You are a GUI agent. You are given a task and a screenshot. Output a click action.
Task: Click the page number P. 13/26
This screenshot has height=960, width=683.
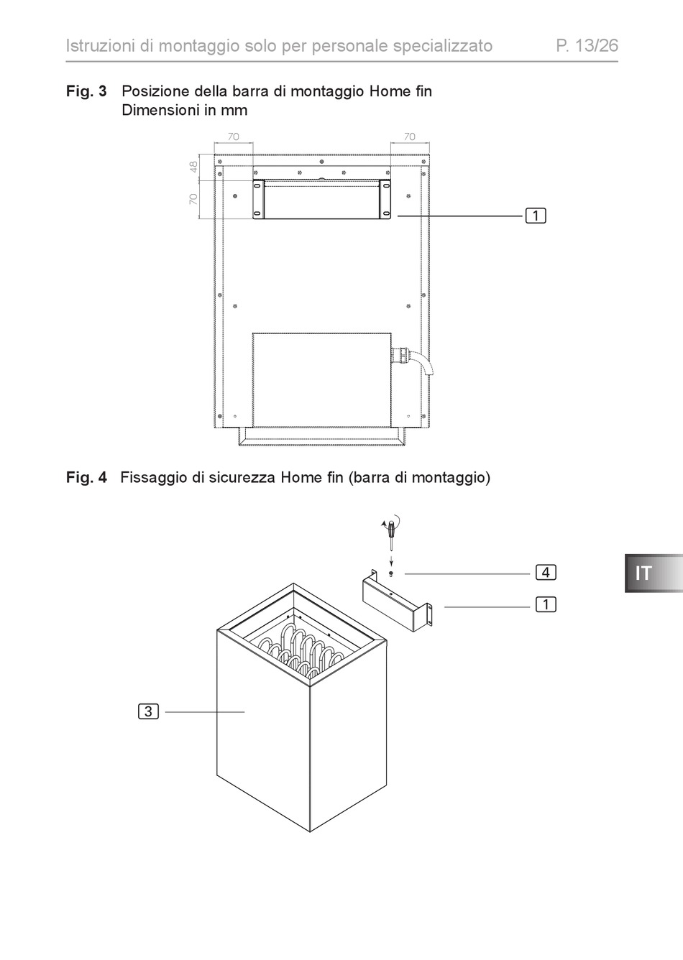tap(587, 46)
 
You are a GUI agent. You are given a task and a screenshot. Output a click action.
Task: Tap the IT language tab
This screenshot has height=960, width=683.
tap(643, 573)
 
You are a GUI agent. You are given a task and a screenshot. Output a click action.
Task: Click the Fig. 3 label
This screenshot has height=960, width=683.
tap(86, 91)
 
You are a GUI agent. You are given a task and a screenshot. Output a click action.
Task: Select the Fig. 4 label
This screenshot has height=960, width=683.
tap(86, 477)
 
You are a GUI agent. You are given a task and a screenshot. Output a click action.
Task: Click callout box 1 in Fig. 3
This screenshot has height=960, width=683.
tap(536, 216)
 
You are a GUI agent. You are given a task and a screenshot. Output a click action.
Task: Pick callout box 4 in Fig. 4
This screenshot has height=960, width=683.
tap(546, 573)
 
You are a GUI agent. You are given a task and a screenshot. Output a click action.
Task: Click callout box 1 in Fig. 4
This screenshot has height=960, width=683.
tap(546, 604)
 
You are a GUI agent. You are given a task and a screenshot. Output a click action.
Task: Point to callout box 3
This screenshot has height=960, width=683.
tap(148, 711)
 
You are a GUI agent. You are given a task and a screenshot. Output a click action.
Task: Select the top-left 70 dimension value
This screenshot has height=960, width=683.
tap(234, 136)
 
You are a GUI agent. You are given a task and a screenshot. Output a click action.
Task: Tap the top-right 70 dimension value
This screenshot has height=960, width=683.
tap(409, 136)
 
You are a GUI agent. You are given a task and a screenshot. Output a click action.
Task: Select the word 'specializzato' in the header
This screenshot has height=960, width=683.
tap(443, 46)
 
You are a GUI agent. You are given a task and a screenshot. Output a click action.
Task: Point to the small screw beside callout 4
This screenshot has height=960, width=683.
tap(390, 573)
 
